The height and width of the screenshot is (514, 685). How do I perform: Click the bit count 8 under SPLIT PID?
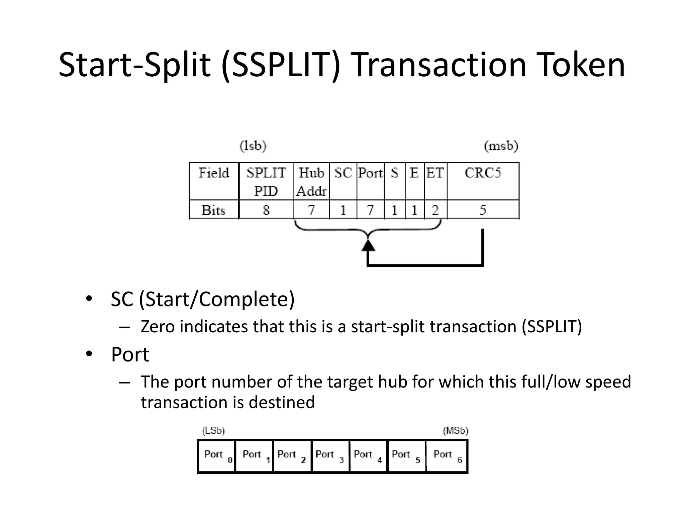point(266,210)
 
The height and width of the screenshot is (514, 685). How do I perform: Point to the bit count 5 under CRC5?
point(483,210)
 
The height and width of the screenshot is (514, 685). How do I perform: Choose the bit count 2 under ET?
point(435,210)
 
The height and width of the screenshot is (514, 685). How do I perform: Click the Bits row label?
point(214,210)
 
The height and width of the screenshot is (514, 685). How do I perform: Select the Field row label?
point(214,173)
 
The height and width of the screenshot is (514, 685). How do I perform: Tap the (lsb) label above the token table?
point(253,146)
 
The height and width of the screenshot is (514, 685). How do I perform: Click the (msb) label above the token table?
point(501,146)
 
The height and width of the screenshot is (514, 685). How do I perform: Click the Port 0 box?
point(217,456)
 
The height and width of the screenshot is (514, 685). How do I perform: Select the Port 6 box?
point(447,456)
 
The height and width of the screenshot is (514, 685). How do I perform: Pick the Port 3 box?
point(330,456)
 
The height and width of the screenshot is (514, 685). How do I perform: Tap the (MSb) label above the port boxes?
point(456,431)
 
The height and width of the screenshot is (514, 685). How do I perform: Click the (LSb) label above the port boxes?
point(213,431)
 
